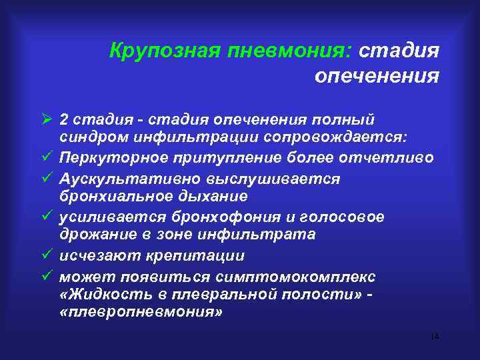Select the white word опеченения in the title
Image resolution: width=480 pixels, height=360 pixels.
377,77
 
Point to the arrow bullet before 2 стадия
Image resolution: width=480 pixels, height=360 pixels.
46,119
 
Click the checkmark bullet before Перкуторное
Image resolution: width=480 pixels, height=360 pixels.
46,159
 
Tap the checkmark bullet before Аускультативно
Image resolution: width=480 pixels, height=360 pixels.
46,179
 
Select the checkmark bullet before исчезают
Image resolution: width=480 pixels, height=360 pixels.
46,256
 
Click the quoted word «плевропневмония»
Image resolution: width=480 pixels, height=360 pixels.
139,314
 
